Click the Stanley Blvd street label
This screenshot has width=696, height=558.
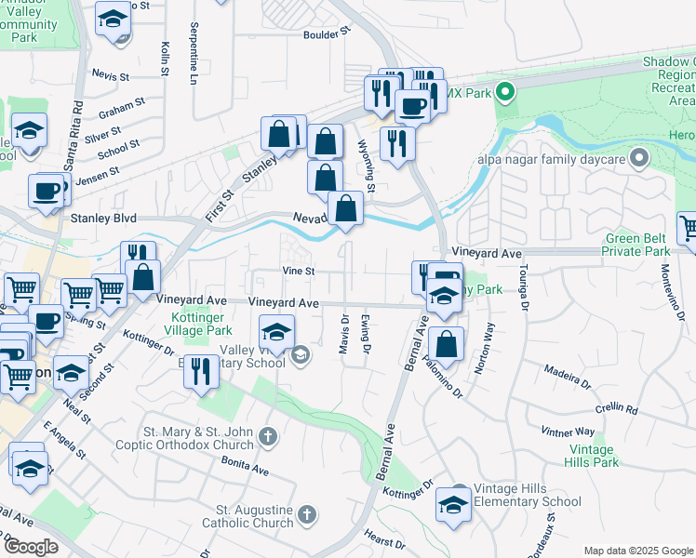(x=104, y=219)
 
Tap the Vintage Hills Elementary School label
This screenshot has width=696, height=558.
(x=528, y=496)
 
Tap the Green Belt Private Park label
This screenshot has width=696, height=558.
(x=637, y=244)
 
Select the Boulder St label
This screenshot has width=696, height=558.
(x=325, y=31)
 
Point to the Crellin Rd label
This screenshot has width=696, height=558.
(x=618, y=409)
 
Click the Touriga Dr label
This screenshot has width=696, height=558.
(x=524, y=288)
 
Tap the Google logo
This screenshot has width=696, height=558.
(x=31, y=547)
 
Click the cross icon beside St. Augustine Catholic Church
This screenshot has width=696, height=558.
(x=308, y=513)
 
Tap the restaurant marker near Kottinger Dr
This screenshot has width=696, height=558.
(x=201, y=371)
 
